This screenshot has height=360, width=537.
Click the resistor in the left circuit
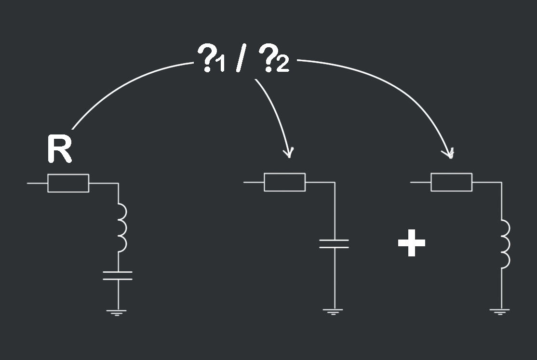68,183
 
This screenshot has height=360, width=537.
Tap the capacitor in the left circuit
118,275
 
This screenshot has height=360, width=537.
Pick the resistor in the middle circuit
284,182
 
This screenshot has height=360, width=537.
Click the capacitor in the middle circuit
334,243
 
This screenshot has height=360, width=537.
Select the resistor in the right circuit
451,182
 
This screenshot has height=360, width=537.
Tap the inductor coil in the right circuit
505,244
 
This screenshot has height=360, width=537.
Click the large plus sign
412,243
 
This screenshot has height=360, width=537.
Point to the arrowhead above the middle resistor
289,152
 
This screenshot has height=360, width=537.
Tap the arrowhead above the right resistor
450,153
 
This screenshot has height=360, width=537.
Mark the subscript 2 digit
282,65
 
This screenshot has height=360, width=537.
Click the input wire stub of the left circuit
37,183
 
